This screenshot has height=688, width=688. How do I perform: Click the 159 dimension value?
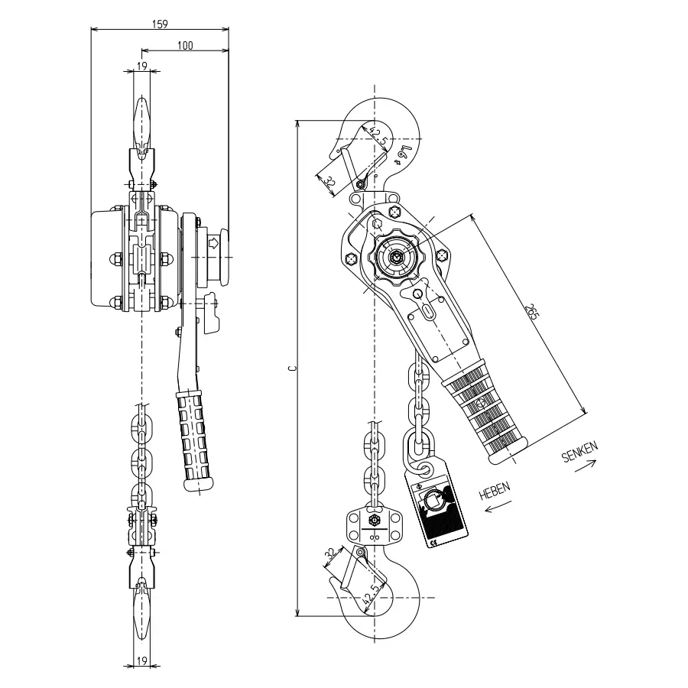(160, 24)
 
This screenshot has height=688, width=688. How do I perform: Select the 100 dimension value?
(185, 45)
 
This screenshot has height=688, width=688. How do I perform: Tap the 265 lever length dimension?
(531, 311)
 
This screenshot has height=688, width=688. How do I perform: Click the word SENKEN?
(579, 452)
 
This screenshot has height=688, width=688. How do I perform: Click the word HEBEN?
(495, 491)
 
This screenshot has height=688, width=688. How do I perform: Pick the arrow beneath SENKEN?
(586, 466)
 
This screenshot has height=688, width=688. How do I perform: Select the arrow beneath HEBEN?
(497, 506)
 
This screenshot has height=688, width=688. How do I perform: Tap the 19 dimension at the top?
(141, 66)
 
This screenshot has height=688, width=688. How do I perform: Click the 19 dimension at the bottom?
(141, 660)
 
